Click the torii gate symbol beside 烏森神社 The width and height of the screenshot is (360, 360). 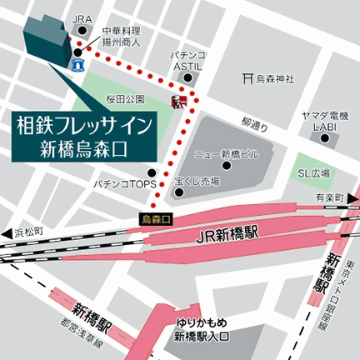click(x=247, y=80)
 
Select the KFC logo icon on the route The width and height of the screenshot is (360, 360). click(x=176, y=102)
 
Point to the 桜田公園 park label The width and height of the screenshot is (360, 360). click(x=125, y=98)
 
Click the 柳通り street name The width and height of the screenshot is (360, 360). click(x=254, y=127)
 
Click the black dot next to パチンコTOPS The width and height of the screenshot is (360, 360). click(x=163, y=182)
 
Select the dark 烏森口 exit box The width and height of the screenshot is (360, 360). click(x=156, y=218)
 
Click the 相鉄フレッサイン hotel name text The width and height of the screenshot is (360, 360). click(x=84, y=127)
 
